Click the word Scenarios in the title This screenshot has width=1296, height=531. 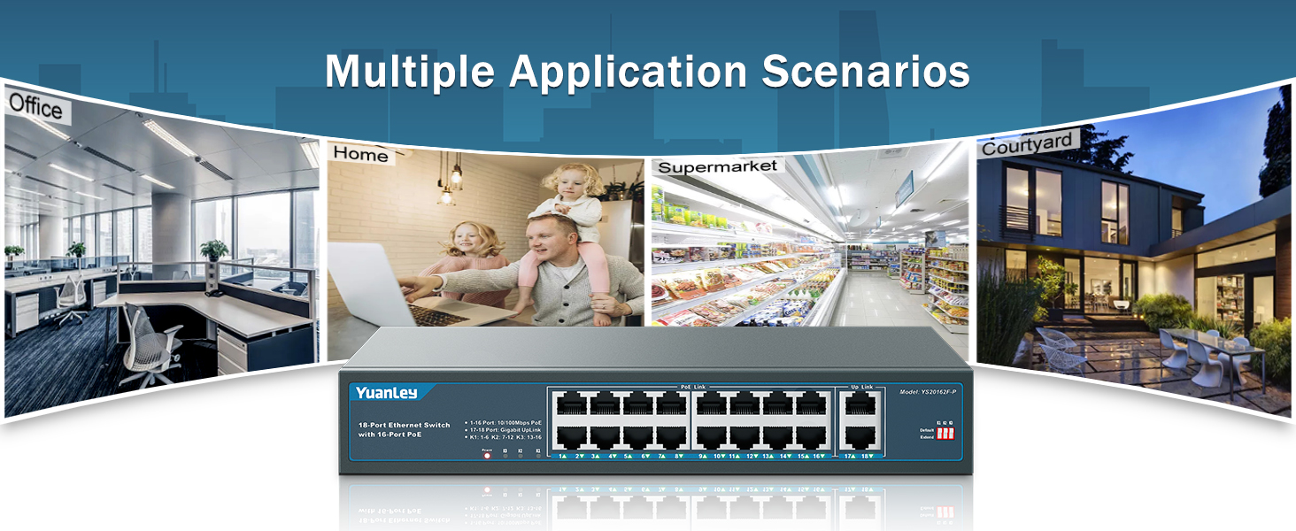pyautogui.click(x=866, y=72)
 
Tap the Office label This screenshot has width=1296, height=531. pyautogui.click(x=35, y=107)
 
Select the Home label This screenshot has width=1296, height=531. pyautogui.click(x=360, y=154)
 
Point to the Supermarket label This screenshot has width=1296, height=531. pyautogui.click(x=718, y=166)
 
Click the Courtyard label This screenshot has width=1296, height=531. pyautogui.click(x=1027, y=144)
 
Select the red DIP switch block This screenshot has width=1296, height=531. pyautogui.click(x=945, y=435)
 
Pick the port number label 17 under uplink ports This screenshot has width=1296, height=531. pyautogui.click(x=849, y=456)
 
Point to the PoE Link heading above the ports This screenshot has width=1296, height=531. pyautogui.click(x=692, y=388)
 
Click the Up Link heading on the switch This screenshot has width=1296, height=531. pyautogui.click(x=861, y=388)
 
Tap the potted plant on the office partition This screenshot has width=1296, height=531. pyautogui.click(x=213, y=250)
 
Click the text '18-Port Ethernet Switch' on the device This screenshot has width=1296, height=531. pyautogui.click(x=404, y=426)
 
